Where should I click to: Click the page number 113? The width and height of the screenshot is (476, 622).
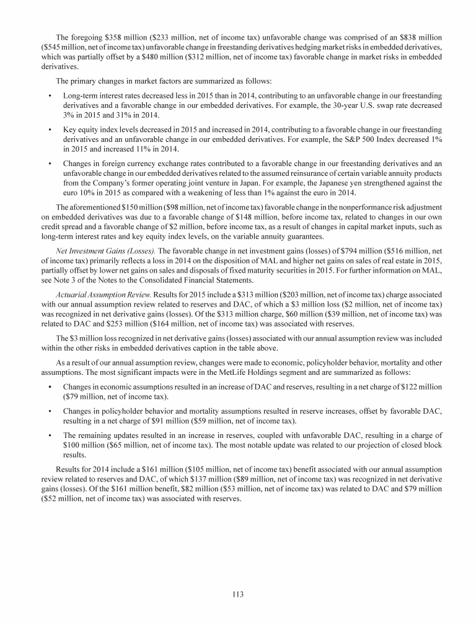(x=238, y=594)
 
